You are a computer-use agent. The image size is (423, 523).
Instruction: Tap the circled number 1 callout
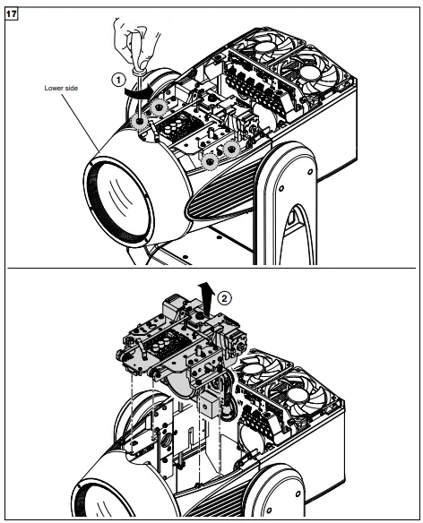pyautogui.click(x=117, y=79)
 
